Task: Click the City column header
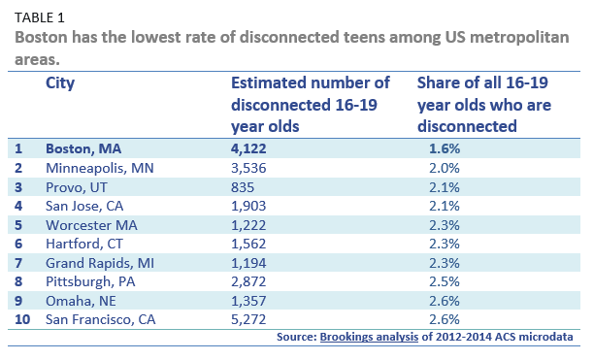pyautogui.click(x=60, y=83)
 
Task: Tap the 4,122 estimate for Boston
pyautogui.click(x=247, y=148)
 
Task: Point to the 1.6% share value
pyautogui.click(x=444, y=148)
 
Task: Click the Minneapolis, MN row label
pyautogui.click(x=100, y=168)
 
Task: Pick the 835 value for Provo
pyautogui.click(x=243, y=186)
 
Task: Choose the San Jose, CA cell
pyautogui.click(x=86, y=206)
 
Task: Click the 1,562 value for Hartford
pyautogui.click(x=247, y=244)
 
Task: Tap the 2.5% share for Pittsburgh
pyautogui.click(x=444, y=281)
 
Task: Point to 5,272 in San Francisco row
pyautogui.click(x=247, y=319)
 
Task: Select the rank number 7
pyautogui.click(x=18, y=263)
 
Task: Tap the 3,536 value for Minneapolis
pyautogui.click(x=247, y=168)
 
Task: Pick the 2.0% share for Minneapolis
pyautogui.click(x=444, y=168)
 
